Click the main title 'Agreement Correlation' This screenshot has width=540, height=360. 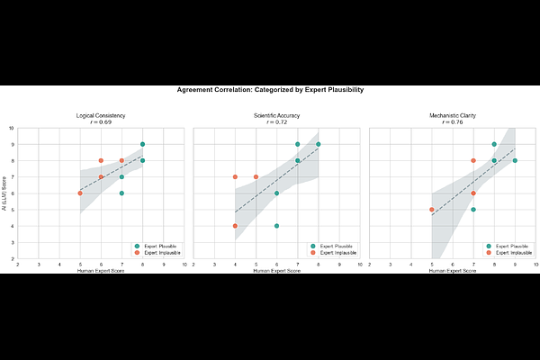pos(270,90)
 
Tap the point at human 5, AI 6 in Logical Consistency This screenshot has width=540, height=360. pos(80,193)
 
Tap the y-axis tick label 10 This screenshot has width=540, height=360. pos(12,129)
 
